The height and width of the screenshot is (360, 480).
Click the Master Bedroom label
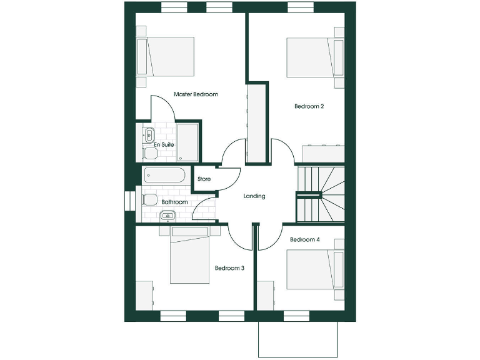196,94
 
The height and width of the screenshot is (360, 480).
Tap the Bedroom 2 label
309,106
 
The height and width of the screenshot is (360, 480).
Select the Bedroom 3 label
229,268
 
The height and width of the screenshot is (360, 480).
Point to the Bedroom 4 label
305,239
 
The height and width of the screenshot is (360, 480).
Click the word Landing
254,196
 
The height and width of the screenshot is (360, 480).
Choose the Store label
204,179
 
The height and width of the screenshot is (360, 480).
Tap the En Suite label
164,144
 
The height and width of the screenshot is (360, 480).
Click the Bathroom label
174,202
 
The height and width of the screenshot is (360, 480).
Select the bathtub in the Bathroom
164,176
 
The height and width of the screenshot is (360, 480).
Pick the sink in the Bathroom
167,216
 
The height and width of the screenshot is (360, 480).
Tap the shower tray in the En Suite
187,142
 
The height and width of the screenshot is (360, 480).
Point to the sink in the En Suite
149,133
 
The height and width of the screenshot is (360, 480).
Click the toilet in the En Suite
149,153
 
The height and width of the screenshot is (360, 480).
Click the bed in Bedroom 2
309,57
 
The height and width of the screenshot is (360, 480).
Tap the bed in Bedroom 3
190,256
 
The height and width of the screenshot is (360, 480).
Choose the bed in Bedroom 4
310,269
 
